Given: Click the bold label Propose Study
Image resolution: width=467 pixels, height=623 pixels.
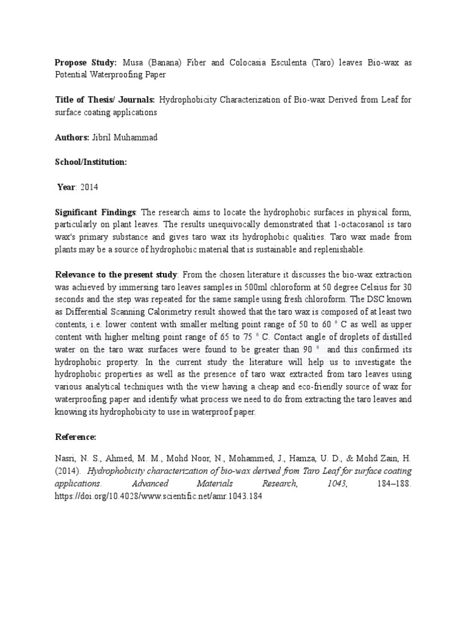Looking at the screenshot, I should (x=86, y=63).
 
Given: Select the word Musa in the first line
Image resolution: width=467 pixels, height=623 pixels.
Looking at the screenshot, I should (x=134, y=63).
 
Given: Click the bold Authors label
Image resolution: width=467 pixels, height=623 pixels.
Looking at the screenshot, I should (x=72, y=137).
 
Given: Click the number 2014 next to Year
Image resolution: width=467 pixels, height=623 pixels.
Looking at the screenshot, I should (x=89, y=187).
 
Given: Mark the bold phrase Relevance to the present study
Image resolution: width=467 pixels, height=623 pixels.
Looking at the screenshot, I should (x=116, y=274).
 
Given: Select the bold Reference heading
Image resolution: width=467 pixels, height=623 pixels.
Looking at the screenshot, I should (x=76, y=436).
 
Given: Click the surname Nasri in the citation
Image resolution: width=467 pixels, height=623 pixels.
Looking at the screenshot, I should (x=66, y=458).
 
